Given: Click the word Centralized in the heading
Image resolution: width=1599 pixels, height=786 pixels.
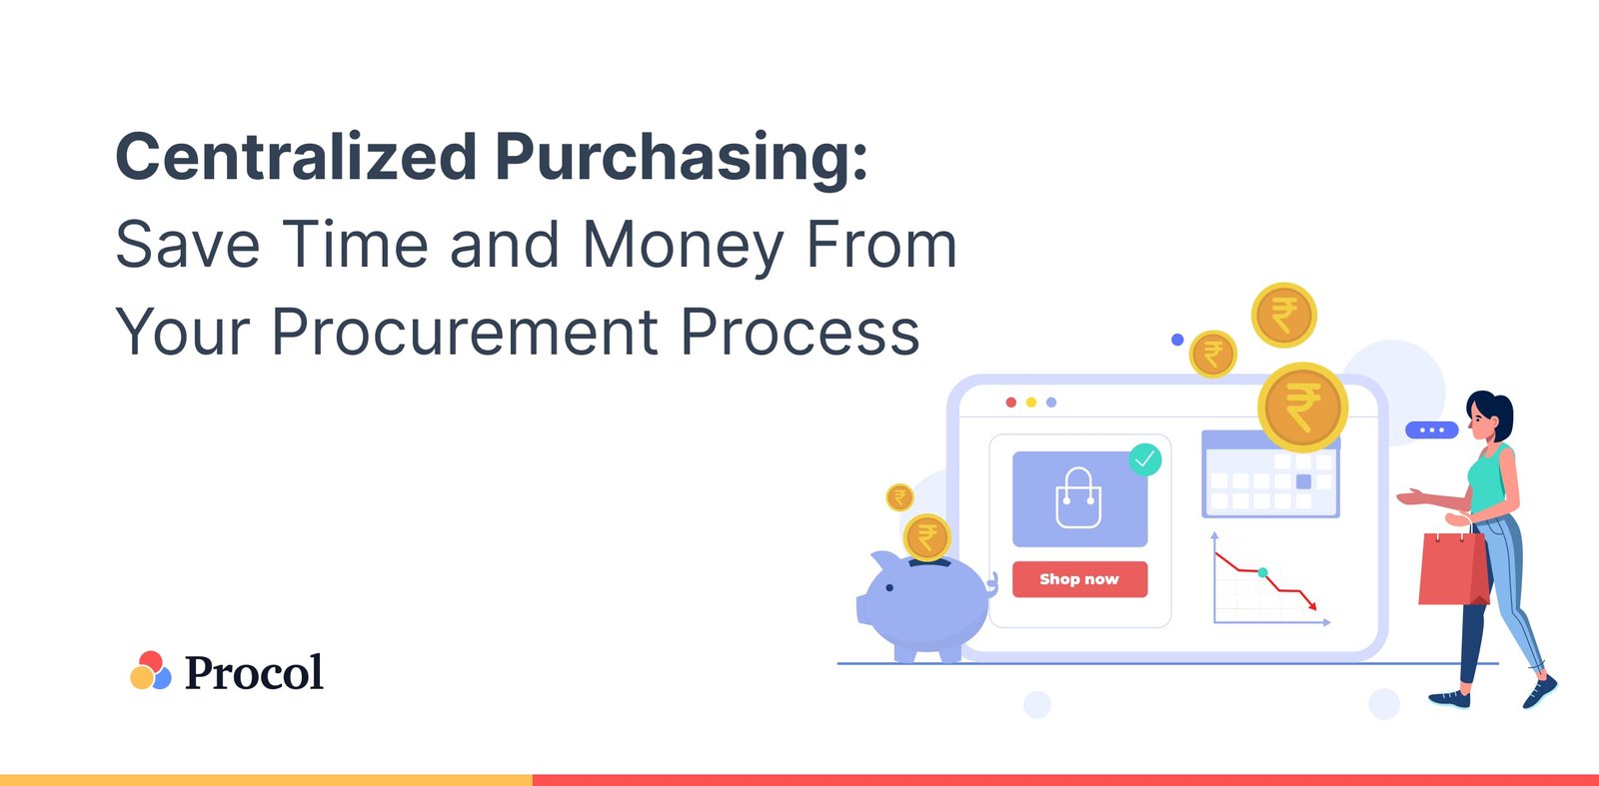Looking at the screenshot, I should tap(296, 158).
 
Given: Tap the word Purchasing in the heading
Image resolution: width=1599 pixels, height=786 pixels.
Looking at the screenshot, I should tap(681, 158).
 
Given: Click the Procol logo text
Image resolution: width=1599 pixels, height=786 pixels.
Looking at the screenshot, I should tap(254, 672).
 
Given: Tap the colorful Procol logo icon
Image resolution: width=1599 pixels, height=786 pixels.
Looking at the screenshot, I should tap(150, 671).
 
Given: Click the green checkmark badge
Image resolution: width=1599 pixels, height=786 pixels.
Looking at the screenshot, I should tap(1144, 459).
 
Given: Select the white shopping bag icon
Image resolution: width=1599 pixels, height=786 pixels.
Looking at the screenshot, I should tap(1078, 498).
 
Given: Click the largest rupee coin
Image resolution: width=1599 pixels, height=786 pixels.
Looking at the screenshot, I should tap(1302, 407).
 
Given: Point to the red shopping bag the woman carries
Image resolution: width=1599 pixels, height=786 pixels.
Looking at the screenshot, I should tap(1453, 568).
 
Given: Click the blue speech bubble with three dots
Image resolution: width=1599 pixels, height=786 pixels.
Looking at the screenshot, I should tap(1431, 430).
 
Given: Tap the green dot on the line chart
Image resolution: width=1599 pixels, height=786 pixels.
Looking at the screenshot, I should tap(1263, 573).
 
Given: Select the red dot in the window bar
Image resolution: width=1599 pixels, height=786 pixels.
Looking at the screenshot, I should tap(1011, 402).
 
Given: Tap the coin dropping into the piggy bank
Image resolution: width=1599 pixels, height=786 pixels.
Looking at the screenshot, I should tap(926, 537).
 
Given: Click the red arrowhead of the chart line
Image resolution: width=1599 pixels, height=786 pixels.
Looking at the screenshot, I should tap(1313, 605).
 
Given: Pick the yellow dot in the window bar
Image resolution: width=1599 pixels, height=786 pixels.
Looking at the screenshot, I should tap(1031, 402).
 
